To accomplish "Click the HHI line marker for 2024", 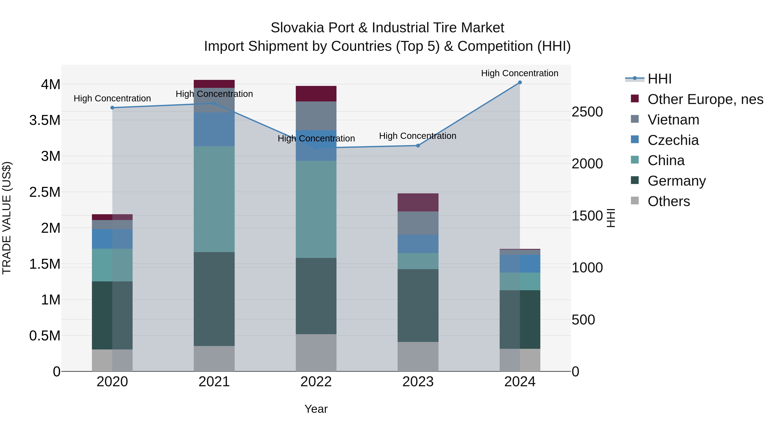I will coord(520,82).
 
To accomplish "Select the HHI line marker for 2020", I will coord(112,108).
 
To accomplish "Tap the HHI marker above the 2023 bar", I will coord(418,146).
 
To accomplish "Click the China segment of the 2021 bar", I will coord(214,199).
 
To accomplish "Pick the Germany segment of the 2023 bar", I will coord(418,305).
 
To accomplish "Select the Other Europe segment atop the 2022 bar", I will coord(316,94).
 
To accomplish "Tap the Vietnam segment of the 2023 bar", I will coord(418,223).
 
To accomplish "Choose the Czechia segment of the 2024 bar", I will coord(520,264).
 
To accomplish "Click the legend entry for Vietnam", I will coord(673,120).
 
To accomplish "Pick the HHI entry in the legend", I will coord(659,79).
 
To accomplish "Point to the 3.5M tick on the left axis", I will coord(45,120).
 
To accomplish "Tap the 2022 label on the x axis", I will coord(316,382).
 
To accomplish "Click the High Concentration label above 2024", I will coord(520,73).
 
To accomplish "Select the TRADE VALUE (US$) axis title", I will coord(7,218).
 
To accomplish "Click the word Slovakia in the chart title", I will coord(297,28).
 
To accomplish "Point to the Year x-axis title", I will coord(316,409).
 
